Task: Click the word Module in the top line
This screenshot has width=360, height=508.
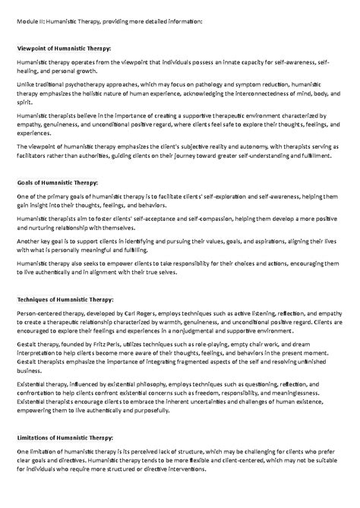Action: (x=28, y=21)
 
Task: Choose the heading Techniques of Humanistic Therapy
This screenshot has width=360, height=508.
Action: (x=65, y=298)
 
